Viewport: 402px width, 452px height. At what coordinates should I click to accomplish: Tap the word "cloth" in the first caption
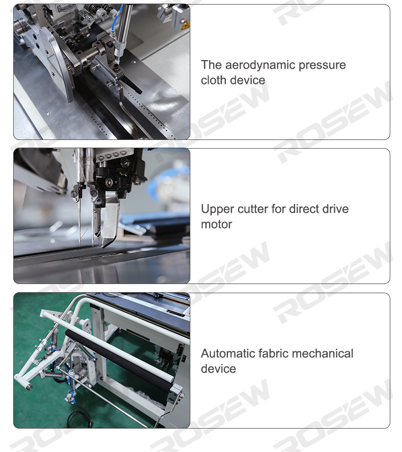click(x=213, y=80)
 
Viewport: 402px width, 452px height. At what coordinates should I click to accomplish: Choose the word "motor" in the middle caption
click(x=216, y=224)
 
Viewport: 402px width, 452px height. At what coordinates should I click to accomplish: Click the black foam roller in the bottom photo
click(x=120, y=360)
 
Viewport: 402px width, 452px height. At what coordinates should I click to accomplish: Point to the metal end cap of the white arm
click(x=27, y=385)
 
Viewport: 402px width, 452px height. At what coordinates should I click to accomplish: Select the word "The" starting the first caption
click(x=211, y=65)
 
